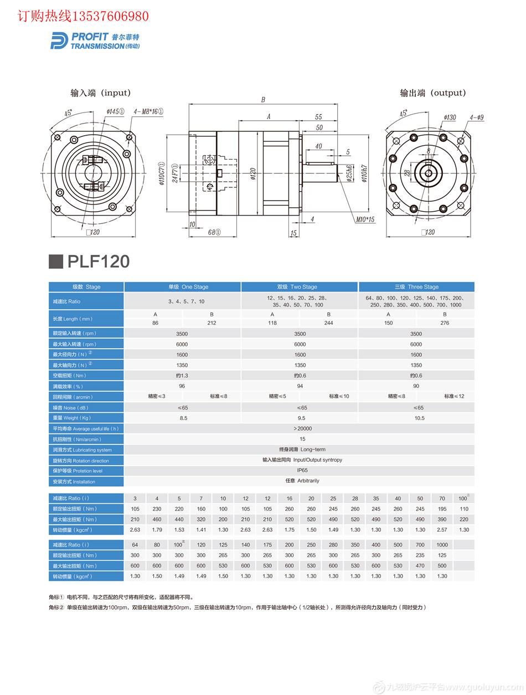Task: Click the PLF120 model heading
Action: pos(99,262)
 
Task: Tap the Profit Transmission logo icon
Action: pos(59,40)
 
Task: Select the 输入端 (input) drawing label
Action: pos(100,93)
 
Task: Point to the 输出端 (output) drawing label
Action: pos(433,93)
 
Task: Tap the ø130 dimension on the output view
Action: pos(450,117)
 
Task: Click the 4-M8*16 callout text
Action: pos(148,111)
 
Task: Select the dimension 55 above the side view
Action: pos(318,117)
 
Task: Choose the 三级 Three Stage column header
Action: pos(416,287)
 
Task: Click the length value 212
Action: pos(212,323)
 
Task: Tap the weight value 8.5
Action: pos(183,418)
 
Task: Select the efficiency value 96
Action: pos(182,386)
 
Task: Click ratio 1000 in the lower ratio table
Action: pos(442,545)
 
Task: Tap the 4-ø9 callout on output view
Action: pos(477,117)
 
